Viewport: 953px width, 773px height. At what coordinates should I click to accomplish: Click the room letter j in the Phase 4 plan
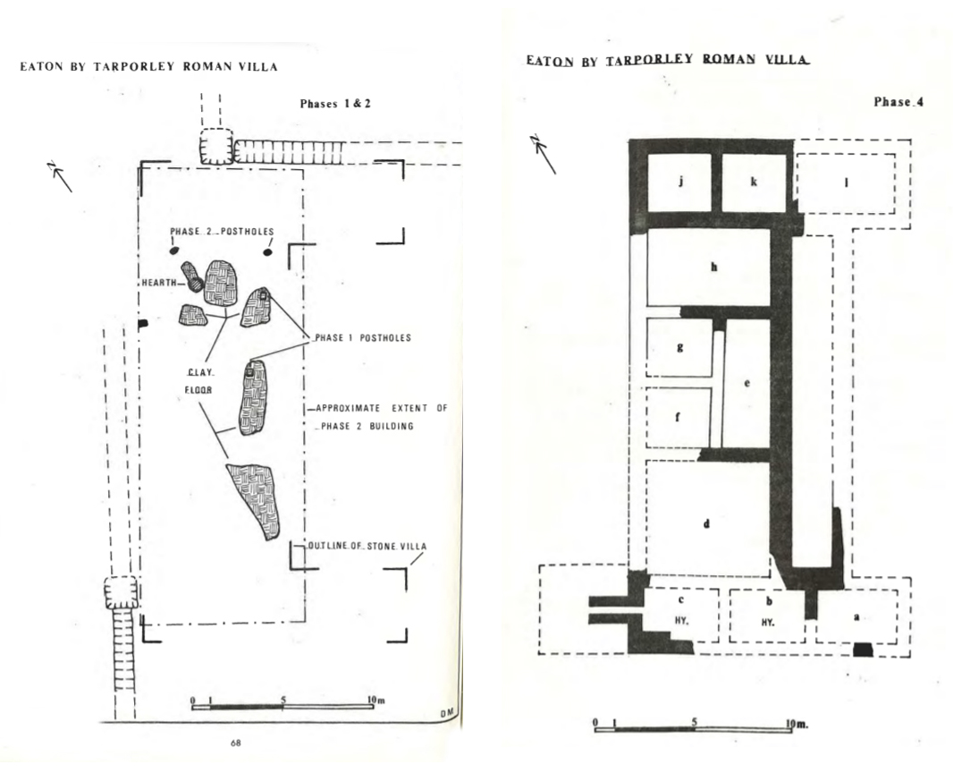681,182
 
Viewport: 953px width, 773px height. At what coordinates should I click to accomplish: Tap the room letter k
754,182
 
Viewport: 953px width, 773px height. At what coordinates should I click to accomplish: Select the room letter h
714,267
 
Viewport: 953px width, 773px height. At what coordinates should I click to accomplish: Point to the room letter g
679,347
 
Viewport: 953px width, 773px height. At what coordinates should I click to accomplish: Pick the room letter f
678,417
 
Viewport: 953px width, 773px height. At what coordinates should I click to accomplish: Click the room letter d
705,523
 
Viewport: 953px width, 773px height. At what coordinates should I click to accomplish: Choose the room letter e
747,383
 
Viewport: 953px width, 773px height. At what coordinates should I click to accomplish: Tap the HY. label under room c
681,622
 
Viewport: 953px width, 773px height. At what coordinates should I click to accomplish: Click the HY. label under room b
768,622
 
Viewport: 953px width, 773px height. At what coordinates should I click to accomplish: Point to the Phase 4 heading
898,102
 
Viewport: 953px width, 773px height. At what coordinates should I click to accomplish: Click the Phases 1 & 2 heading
335,104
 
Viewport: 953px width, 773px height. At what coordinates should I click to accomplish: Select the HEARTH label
159,282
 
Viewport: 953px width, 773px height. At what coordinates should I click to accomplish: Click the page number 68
236,743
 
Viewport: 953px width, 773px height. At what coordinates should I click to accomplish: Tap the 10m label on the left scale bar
375,700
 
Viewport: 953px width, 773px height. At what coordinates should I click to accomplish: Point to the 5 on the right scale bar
695,723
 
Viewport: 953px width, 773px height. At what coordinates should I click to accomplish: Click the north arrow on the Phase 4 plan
544,154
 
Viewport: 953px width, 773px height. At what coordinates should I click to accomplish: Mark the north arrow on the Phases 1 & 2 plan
60,176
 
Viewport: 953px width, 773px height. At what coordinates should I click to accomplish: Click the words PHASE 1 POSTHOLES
363,337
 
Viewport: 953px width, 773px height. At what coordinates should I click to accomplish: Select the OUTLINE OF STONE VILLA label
367,546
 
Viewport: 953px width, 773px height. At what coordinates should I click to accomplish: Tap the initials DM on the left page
447,713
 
